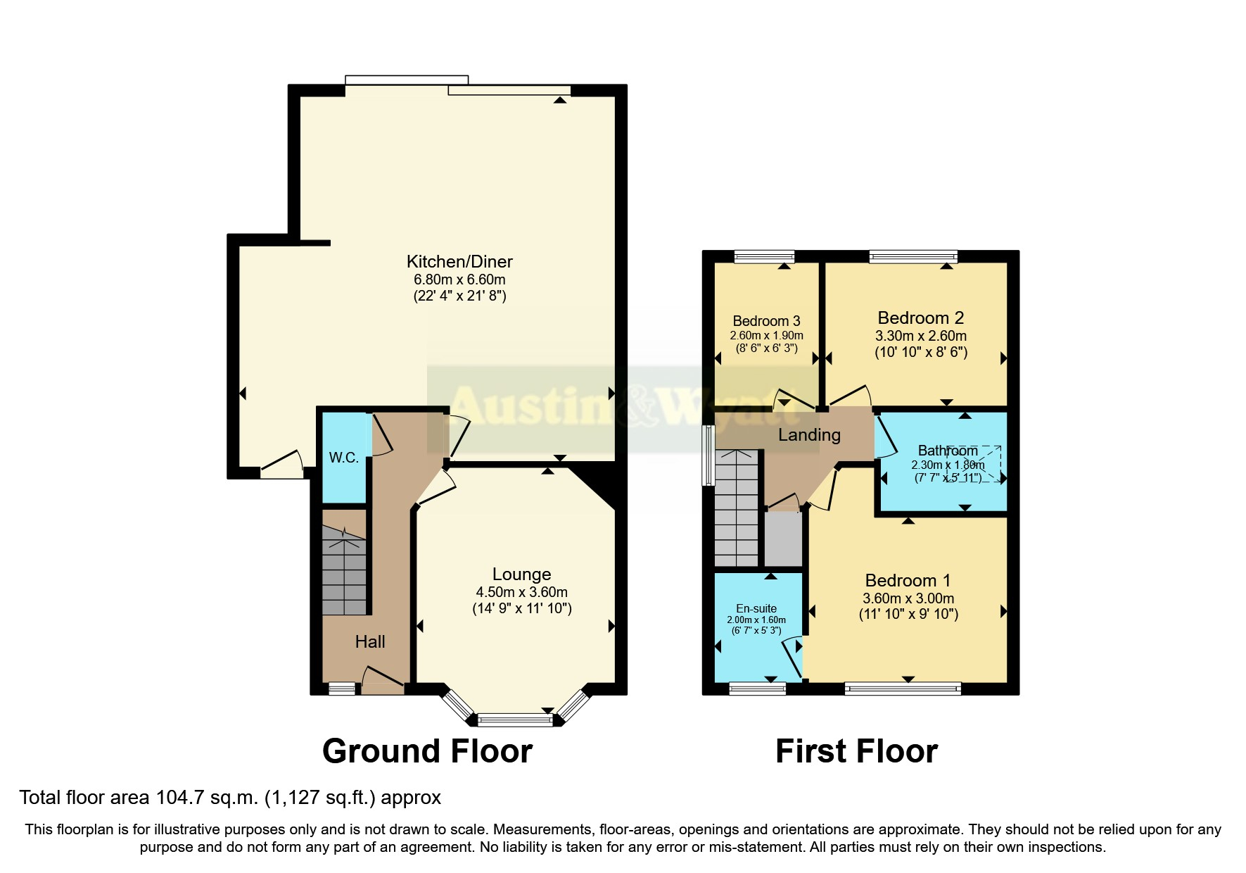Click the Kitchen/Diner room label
(x=459, y=262)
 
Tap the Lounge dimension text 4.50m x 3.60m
(x=521, y=592)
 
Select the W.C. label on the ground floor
(x=344, y=458)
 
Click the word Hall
(x=370, y=641)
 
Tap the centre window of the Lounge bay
(x=516, y=720)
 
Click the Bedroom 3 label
(x=766, y=321)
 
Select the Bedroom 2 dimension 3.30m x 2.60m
(x=920, y=336)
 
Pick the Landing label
(x=809, y=435)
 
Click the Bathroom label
(x=947, y=451)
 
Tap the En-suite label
(x=756, y=608)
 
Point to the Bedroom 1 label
(x=908, y=581)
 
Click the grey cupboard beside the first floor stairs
(x=783, y=539)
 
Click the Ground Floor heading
(x=427, y=751)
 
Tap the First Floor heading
(x=856, y=751)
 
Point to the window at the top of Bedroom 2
(x=913, y=257)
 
